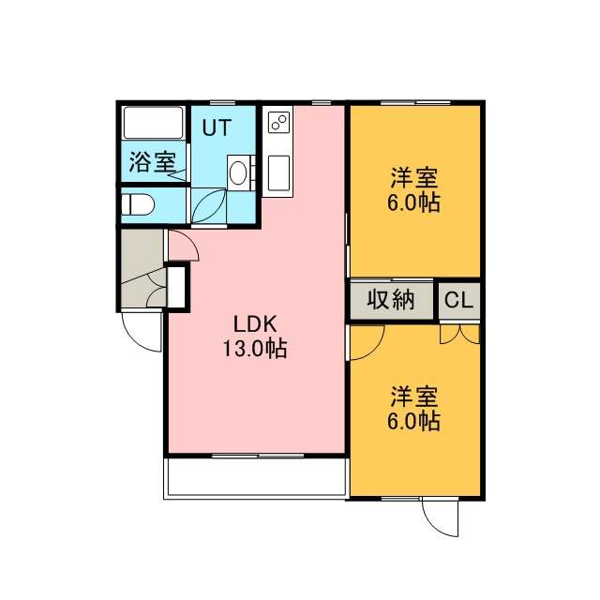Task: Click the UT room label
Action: tap(217, 127)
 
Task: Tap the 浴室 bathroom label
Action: tap(152, 162)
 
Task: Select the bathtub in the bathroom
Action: tap(153, 123)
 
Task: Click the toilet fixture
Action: tap(138, 204)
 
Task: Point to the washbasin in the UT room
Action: tap(238, 172)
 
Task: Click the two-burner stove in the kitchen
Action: tap(278, 122)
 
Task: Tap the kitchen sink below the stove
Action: tap(278, 172)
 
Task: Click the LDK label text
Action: tap(255, 324)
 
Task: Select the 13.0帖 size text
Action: tap(255, 349)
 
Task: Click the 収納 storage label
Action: tap(391, 300)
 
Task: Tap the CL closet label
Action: tap(458, 300)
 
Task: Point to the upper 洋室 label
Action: tap(414, 177)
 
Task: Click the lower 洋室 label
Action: tap(414, 397)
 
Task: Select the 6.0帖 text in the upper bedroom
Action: tap(413, 202)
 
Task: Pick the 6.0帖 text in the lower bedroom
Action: tap(413, 421)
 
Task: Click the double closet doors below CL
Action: tap(459, 335)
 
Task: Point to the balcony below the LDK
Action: tap(255, 478)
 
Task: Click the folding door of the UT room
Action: tap(208, 205)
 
